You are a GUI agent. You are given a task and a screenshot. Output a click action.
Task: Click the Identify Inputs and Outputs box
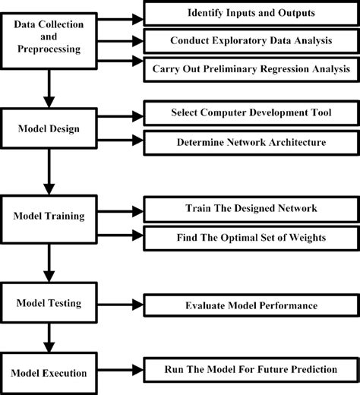(250, 14)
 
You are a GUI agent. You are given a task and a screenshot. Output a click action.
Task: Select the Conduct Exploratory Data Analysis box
(250, 41)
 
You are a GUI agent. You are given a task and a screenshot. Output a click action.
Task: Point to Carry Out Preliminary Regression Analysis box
(250, 69)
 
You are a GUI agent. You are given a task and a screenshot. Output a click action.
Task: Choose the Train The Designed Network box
(250, 207)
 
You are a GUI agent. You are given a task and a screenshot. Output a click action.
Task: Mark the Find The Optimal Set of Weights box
(250, 237)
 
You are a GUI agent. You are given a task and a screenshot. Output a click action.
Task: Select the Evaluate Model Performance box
(250, 306)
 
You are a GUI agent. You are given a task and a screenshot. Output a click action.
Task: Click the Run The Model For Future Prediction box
(250, 370)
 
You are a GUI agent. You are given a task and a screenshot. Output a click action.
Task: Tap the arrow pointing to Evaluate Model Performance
(122, 305)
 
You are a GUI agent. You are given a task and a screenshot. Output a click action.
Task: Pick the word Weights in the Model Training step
(306, 237)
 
